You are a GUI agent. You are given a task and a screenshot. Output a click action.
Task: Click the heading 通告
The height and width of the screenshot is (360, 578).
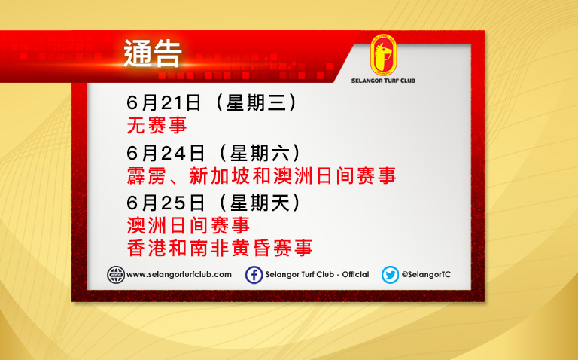pyautogui.click(x=153, y=54)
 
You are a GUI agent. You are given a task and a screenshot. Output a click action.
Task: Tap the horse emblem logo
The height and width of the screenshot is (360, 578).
pyautogui.click(x=383, y=55)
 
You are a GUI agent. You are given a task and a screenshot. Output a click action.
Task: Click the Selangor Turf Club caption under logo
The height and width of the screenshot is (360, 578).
pyautogui.click(x=383, y=81)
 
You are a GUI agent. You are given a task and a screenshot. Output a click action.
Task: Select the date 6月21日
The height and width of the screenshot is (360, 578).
pyautogui.click(x=163, y=102)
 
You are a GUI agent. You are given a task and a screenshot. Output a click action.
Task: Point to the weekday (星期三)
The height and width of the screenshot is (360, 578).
pyautogui.click(x=257, y=102)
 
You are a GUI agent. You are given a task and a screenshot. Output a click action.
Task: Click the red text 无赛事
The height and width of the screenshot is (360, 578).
pyautogui.click(x=157, y=125)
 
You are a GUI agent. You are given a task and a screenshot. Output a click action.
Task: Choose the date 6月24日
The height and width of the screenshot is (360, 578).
pyautogui.click(x=166, y=153)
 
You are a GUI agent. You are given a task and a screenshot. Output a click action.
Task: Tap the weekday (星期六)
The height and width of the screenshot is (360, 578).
pyautogui.click(x=260, y=153)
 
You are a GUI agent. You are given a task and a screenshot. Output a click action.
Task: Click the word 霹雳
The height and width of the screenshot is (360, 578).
pyautogui.click(x=145, y=175)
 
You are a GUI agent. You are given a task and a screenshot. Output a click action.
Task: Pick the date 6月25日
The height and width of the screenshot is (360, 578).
pyautogui.click(x=166, y=203)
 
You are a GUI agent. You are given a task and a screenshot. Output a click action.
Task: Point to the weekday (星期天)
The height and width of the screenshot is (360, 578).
pyautogui.click(x=260, y=203)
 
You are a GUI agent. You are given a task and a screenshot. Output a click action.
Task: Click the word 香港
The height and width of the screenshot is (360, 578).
pyautogui.click(x=146, y=248)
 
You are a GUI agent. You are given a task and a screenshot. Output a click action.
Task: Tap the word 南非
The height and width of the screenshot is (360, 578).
pyautogui.click(x=209, y=248)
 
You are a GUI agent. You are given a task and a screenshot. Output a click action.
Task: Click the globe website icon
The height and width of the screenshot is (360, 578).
pyautogui.click(x=116, y=275)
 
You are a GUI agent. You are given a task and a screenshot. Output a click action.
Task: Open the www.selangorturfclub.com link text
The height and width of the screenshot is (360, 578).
pyautogui.click(x=179, y=274)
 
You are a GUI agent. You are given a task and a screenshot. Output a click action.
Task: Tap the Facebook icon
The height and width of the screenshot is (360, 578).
pyautogui.click(x=254, y=275)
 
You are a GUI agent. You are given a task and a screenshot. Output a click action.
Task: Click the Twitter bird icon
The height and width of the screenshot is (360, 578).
pyautogui.click(x=390, y=275)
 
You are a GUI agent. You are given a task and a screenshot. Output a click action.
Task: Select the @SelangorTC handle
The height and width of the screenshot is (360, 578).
pyautogui.click(x=426, y=274)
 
